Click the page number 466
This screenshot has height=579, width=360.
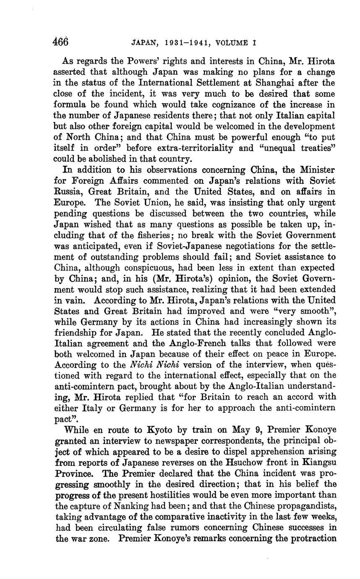60,42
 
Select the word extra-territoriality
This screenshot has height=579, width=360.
185,148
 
